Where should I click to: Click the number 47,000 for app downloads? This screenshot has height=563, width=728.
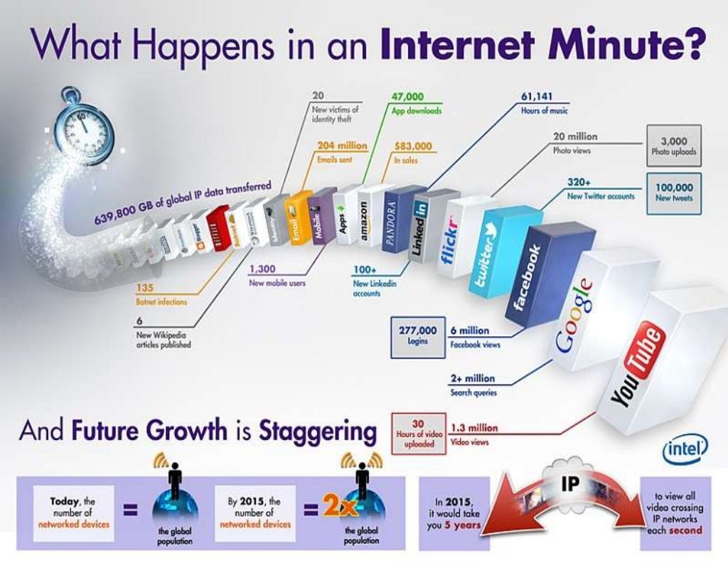(407, 97)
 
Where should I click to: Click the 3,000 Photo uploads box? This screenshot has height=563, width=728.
(673, 145)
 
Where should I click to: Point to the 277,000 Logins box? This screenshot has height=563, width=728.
(417, 335)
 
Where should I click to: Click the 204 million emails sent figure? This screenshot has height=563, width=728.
(341, 146)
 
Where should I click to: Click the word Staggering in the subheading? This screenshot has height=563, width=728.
(318, 431)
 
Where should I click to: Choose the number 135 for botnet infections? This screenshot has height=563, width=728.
(144, 289)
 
